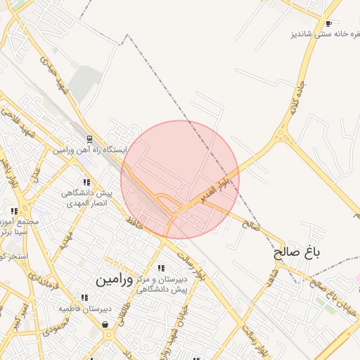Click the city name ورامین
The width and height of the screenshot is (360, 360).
(113, 279)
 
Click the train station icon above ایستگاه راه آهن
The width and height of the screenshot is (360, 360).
(89, 139)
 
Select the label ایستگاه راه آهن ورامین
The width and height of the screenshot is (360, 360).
(89, 150)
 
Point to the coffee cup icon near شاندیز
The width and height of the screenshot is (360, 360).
(328, 24)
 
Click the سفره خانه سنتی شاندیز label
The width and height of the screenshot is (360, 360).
(323, 34)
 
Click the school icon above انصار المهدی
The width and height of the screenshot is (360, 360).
(86, 183)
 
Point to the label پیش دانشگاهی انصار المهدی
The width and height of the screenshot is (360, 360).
(86, 198)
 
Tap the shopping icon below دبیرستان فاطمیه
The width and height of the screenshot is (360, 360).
(105, 324)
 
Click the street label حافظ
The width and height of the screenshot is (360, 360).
(134, 221)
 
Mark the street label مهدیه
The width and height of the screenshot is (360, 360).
(66, 243)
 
